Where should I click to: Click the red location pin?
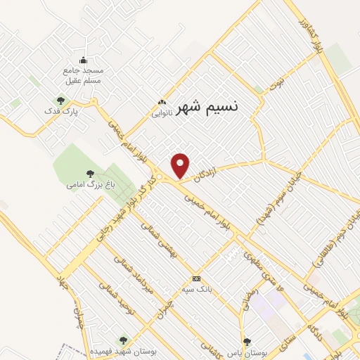181,166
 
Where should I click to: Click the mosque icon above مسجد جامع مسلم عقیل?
84,60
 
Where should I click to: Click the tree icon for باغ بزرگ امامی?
90,173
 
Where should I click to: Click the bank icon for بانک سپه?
196,278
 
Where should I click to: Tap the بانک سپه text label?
196,288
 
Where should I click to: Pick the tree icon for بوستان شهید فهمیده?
124,340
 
